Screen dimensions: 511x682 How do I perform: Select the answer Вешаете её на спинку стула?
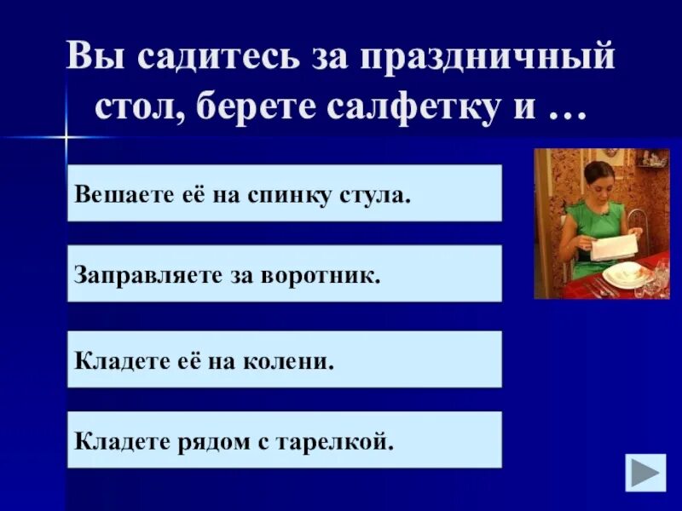(284, 193)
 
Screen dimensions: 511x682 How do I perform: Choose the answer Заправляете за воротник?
(284, 273)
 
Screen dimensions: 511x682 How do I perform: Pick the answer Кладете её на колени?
(284, 359)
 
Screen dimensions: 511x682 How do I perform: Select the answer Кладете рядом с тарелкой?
(284, 439)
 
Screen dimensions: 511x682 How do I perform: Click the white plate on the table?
(627, 275)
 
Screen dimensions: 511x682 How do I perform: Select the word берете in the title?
(267, 109)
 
